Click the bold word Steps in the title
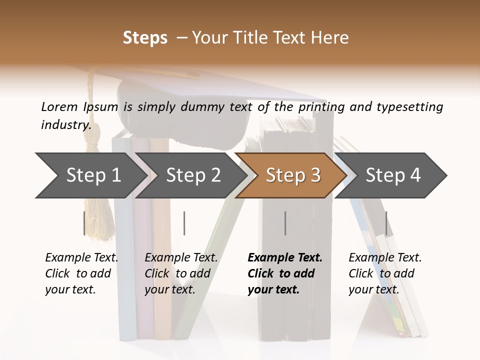(x=145, y=37)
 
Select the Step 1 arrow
(x=90, y=175)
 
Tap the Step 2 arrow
(x=192, y=175)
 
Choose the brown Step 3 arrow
(x=292, y=175)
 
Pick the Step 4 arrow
(x=392, y=175)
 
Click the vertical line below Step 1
(x=84, y=223)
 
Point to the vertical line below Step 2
(x=184, y=223)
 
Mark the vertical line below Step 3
(x=285, y=223)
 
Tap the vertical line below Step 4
(x=386, y=223)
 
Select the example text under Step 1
(x=81, y=273)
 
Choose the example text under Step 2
(x=181, y=273)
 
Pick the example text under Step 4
(x=384, y=273)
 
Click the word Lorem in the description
(x=59, y=106)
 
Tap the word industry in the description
(x=66, y=125)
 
